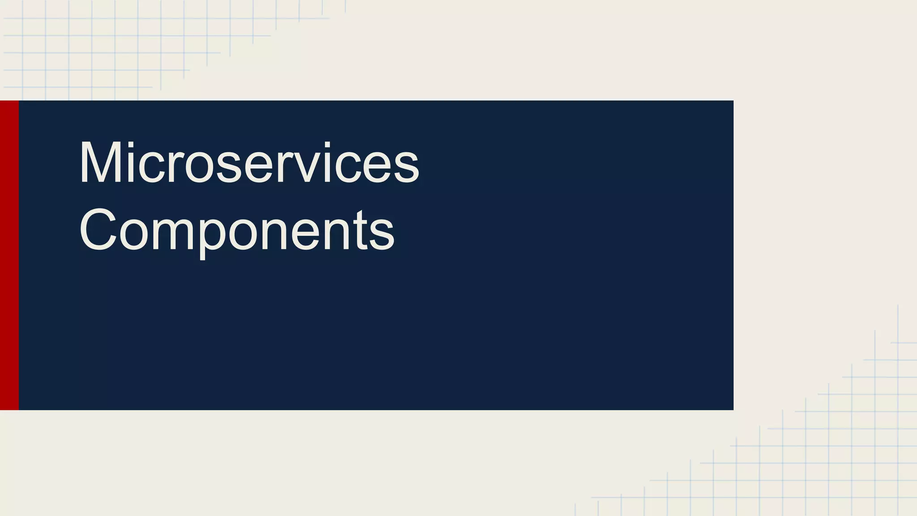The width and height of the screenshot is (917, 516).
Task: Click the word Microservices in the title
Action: click(x=249, y=162)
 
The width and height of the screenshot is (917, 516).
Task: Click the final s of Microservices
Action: click(x=407, y=168)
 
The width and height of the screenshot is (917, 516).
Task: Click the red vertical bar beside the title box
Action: click(x=9, y=255)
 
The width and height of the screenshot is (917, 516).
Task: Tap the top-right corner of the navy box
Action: click(x=733, y=101)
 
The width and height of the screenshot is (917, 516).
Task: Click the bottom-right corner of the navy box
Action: click(x=733, y=409)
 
